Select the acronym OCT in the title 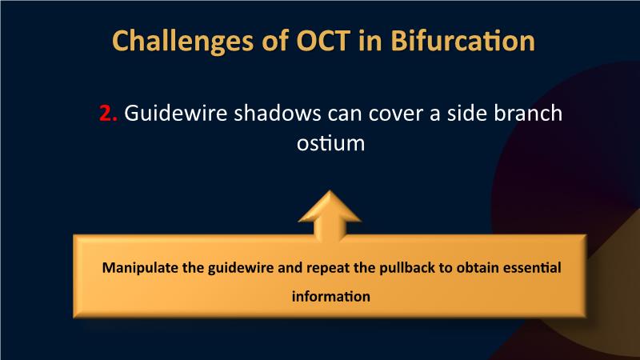pos(323,41)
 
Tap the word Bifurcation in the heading pos(462,41)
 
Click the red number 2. pos(108,113)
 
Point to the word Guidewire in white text pos(175,113)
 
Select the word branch pos(528,113)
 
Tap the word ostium pos(331,144)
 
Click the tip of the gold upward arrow pos(330,190)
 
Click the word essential pos(532,268)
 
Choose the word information pos(331,296)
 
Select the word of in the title pos(275,41)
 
